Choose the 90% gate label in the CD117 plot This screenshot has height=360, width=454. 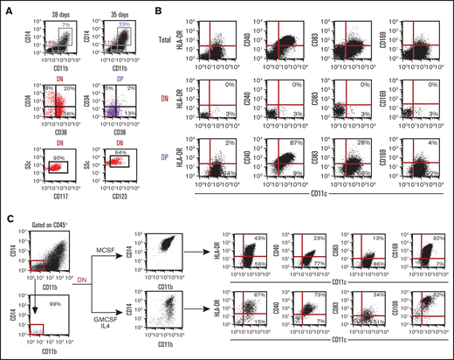click(54, 156)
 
